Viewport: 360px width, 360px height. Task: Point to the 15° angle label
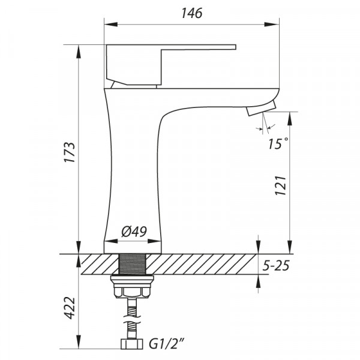coord(279,143)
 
